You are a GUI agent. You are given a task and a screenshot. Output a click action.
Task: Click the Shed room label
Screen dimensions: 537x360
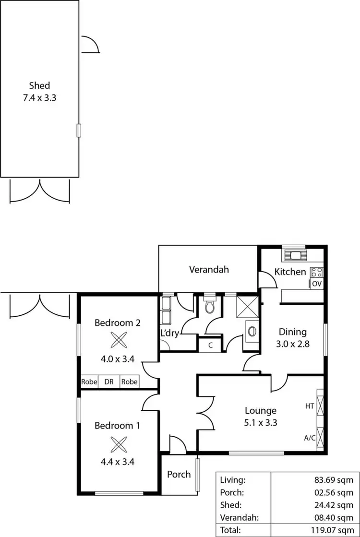point(39,86)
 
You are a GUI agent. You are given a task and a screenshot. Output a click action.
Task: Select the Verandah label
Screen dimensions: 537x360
point(208,270)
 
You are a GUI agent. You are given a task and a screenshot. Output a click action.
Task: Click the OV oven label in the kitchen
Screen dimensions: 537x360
point(316,284)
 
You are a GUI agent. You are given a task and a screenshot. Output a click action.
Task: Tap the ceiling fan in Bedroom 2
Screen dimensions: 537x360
point(118,340)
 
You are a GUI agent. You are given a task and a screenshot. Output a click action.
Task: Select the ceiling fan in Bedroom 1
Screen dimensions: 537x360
point(118,444)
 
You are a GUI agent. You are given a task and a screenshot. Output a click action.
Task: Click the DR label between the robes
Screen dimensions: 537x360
point(108,382)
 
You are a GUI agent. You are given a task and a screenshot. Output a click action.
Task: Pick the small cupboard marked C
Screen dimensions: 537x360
point(210,345)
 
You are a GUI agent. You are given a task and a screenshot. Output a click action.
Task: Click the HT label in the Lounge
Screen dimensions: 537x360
point(310,406)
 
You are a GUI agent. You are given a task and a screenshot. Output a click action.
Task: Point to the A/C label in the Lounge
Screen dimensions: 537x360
point(310,438)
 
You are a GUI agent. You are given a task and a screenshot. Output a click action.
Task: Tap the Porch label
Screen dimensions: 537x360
point(179,475)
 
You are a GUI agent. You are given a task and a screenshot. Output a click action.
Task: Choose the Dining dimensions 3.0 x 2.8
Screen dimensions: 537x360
point(293,344)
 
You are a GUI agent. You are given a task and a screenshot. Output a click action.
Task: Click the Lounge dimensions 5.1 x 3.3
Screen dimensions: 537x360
point(261,423)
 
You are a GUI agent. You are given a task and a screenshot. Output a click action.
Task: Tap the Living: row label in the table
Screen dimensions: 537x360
point(233,479)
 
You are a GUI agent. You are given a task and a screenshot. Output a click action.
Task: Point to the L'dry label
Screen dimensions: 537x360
point(170,333)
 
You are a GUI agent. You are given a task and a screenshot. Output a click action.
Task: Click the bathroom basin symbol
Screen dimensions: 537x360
point(251,331)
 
